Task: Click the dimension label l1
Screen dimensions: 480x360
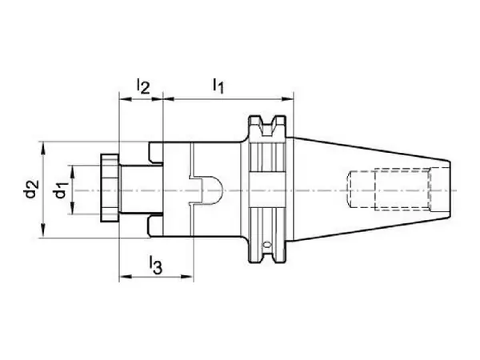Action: click(218, 86)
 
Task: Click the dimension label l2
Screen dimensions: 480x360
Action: click(143, 86)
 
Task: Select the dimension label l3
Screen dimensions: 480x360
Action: click(155, 266)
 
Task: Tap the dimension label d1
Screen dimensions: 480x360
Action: click(61, 190)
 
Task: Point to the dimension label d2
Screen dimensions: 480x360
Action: click(32, 189)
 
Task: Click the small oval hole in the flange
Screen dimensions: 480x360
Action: click(267, 245)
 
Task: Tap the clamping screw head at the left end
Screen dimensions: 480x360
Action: click(110, 188)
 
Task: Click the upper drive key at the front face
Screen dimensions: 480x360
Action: click(156, 152)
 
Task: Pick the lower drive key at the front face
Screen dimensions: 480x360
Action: click(156, 227)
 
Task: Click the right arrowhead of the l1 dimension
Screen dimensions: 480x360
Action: click(287, 99)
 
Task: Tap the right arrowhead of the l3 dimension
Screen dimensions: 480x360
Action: click(187, 277)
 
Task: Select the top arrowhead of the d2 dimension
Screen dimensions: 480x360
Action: click(43, 148)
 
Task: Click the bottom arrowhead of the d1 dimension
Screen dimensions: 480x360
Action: click(72, 207)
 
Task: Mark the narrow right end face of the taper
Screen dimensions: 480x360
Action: click(450, 190)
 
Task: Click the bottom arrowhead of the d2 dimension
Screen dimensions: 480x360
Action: click(43, 231)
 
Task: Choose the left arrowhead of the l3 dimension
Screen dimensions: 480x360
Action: click(126, 277)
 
